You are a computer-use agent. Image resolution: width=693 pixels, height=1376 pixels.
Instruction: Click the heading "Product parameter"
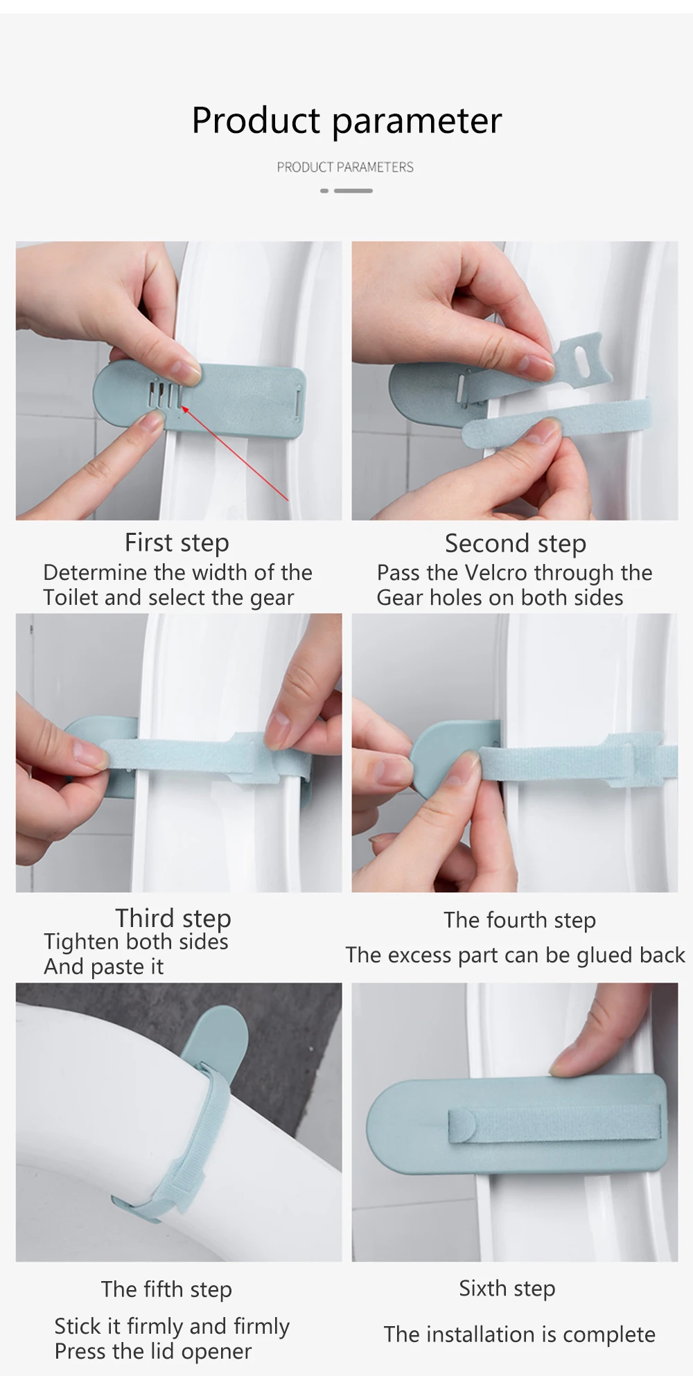[346, 121]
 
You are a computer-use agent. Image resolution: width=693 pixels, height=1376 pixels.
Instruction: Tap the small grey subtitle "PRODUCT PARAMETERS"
[345, 167]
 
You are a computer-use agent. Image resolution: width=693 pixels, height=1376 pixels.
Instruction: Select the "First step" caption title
[177, 543]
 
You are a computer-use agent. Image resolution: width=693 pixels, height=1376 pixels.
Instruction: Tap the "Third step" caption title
[173, 919]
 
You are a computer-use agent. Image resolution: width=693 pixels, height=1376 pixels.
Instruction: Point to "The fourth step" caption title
[520, 921]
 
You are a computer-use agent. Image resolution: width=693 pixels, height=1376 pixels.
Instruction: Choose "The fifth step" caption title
[166, 1289]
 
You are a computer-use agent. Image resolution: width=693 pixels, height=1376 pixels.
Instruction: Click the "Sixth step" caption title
[507, 1289]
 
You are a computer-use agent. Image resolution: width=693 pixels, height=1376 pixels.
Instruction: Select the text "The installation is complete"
[520, 1334]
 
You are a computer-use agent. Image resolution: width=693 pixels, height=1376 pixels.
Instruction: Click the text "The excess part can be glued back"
[515, 955]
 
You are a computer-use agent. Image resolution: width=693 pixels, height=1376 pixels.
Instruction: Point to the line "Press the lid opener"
[153, 1352]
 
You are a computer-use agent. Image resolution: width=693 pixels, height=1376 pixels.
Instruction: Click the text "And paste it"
[104, 967]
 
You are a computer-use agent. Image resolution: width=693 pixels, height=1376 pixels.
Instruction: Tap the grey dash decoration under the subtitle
[346, 191]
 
